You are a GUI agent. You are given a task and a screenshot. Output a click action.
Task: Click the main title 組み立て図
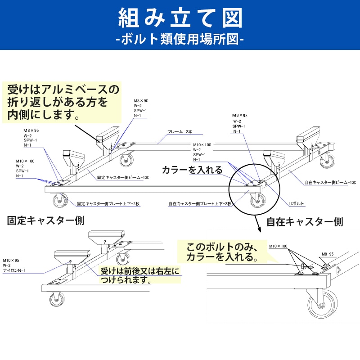180,19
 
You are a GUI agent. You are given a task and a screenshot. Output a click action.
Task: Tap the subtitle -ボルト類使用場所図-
180,40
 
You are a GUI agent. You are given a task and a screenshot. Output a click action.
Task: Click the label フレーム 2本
180,132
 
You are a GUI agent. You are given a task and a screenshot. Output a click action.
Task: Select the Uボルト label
297,204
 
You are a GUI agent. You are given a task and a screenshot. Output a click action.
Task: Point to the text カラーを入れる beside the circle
192,170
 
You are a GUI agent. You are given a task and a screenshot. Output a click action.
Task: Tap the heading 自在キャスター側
305,222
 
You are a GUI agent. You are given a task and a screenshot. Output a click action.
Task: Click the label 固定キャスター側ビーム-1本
123,178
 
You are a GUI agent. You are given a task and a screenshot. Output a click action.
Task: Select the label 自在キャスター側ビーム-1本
330,183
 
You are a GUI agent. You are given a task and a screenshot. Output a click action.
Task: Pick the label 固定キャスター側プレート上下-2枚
108,204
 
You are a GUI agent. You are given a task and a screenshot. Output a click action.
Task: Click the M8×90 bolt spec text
140,101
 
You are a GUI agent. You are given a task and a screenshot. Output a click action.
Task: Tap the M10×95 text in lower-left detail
11,261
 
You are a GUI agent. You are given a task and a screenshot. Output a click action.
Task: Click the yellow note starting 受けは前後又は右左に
139,275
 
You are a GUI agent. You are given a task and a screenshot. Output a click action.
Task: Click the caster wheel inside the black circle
257,202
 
